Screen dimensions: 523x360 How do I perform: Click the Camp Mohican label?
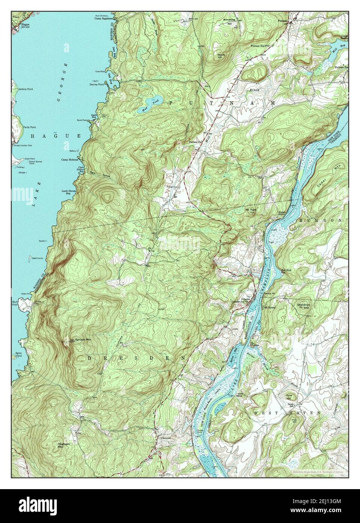tap(70, 160)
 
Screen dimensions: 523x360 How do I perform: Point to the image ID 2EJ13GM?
tap(330, 506)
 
